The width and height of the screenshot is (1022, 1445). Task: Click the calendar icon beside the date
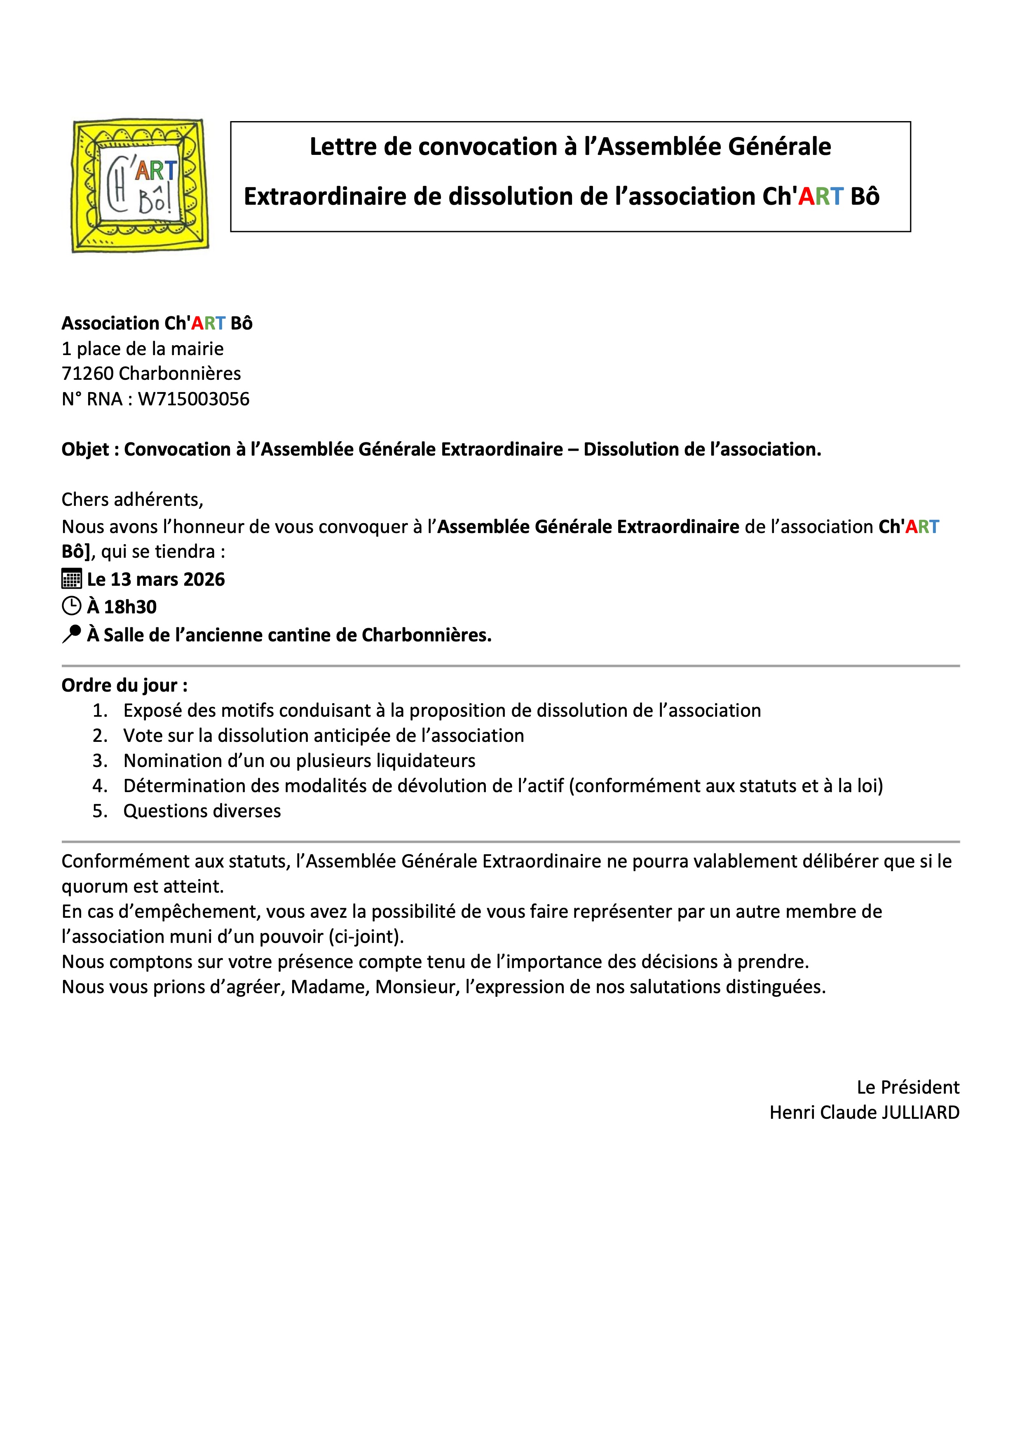pos(71,579)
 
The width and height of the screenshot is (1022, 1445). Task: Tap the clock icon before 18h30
pos(71,606)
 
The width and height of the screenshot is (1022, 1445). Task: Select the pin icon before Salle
pos(71,634)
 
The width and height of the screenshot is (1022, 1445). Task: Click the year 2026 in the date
pos(204,579)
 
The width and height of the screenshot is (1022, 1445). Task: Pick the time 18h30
pos(130,607)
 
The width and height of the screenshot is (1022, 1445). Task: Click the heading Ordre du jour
pos(124,685)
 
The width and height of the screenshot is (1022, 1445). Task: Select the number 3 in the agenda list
pos(99,760)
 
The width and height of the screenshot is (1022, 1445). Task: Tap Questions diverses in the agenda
pos(202,811)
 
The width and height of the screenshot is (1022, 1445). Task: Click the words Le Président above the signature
pos(907,1087)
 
